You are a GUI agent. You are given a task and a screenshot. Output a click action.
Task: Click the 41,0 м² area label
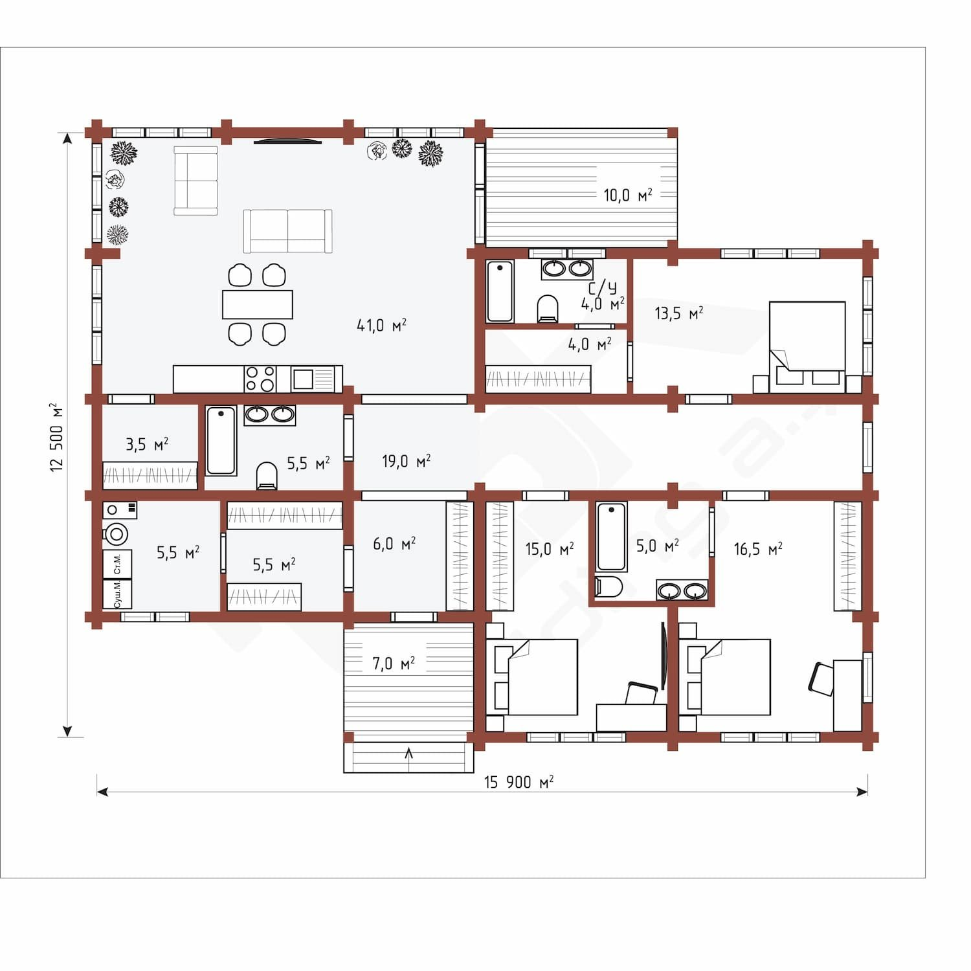point(381,325)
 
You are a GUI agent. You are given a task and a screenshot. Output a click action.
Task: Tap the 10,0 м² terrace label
point(627,195)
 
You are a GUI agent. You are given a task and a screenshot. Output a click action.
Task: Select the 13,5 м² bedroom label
point(678,313)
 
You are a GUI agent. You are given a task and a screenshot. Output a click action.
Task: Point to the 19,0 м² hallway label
point(406,461)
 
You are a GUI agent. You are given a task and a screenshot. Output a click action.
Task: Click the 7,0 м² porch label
point(393,664)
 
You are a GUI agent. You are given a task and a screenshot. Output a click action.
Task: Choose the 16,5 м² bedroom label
point(757,550)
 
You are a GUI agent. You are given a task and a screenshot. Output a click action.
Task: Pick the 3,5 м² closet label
point(147,445)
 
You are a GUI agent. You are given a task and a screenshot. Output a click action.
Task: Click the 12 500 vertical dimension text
point(57,438)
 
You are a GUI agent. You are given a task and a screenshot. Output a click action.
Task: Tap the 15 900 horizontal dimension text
point(519,782)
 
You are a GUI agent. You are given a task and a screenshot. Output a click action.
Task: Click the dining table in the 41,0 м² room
point(258,304)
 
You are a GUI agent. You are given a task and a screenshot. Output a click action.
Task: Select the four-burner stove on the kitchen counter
point(260,379)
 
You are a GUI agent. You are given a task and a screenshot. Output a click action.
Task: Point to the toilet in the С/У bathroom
point(548,309)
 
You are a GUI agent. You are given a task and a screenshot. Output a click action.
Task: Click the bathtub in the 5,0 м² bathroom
point(611,537)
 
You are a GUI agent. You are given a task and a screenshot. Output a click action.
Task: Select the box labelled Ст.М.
point(117,564)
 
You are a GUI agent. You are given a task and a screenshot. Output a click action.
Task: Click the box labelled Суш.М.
point(117,594)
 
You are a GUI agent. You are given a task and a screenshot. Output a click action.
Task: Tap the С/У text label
point(601,288)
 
